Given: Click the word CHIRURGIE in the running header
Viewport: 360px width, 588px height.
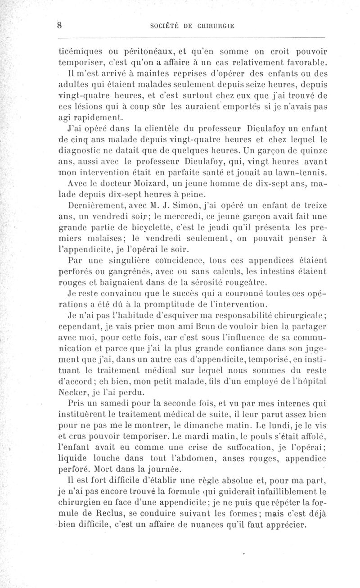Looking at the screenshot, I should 213,26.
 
